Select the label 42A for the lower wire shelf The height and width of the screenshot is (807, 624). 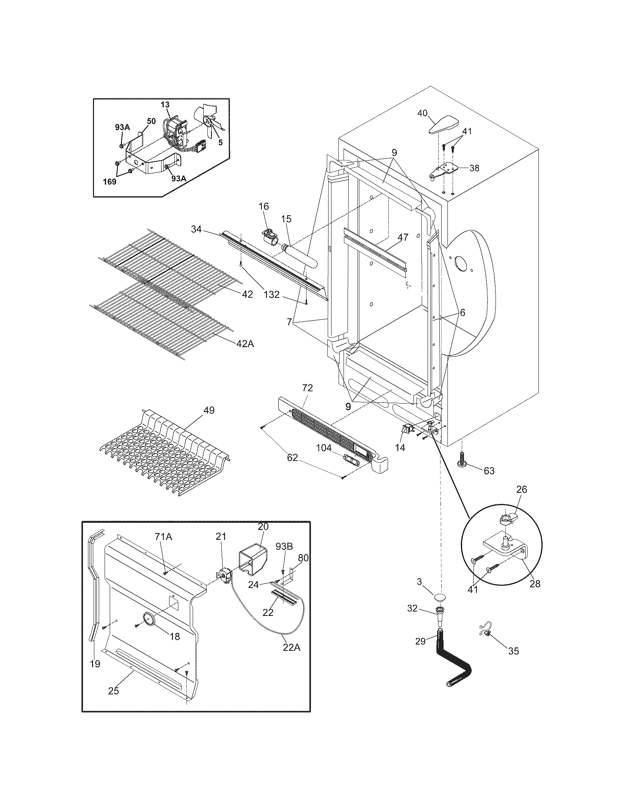tap(245, 344)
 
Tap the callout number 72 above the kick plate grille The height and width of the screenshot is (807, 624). tap(307, 388)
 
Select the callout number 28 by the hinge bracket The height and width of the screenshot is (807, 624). tap(535, 584)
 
